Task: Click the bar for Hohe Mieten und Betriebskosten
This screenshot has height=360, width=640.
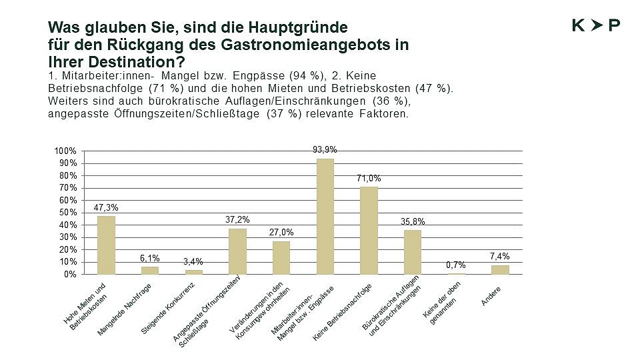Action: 106,245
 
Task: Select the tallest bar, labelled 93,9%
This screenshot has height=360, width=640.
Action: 325,216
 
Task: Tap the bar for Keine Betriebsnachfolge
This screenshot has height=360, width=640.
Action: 369,230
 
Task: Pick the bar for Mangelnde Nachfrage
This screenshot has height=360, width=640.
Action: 149,270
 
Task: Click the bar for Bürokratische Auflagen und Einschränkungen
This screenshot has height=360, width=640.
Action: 413,252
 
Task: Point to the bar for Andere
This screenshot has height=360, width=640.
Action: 500,269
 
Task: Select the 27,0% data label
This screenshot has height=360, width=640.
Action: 281,233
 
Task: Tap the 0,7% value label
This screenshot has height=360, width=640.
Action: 456,265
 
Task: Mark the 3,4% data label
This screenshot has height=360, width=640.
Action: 193,262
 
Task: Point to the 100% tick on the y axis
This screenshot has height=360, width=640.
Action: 65,151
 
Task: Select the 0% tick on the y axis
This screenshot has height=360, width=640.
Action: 69,274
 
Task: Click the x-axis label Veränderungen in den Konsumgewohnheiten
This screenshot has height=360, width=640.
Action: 264,313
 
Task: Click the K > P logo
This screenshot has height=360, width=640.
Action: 596,25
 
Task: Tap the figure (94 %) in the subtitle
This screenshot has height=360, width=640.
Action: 303,77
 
